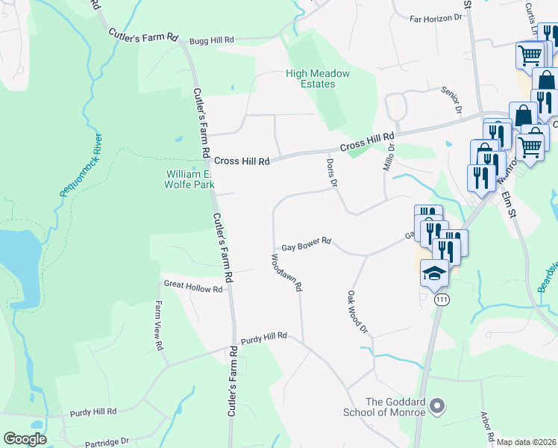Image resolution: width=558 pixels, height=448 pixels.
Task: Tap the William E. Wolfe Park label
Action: [x=189, y=178]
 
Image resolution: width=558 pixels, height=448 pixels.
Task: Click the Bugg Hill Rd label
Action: [x=212, y=40]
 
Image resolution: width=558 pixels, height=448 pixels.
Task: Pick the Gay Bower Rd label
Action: [x=306, y=247]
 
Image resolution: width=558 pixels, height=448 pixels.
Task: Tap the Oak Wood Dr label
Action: [x=358, y=312]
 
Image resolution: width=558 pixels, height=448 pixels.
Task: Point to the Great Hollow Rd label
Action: [x=193, y=287]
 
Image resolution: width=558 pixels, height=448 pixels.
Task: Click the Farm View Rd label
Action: [x=158, y=326]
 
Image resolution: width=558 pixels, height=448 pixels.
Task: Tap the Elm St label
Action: [x=510, y=199]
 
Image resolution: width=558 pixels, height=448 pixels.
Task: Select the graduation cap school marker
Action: [x=434, y=273]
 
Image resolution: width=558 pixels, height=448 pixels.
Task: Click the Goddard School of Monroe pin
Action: [x=438, y=406]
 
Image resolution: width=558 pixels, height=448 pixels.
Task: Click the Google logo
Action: [x=25, y=439]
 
